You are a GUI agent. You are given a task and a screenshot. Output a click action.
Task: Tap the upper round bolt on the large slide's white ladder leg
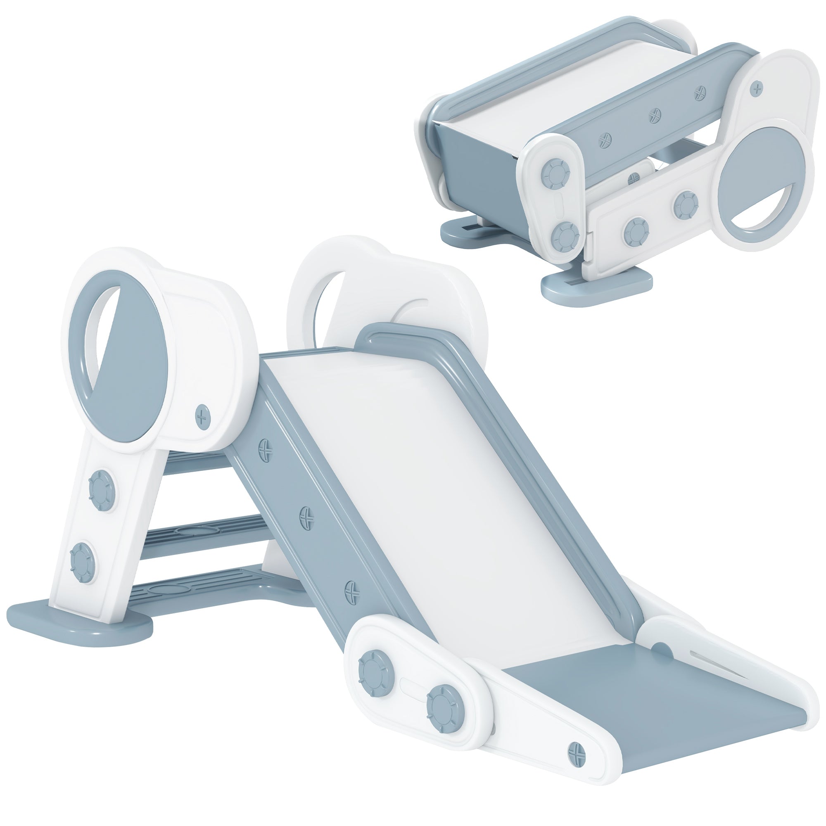pos(102,487)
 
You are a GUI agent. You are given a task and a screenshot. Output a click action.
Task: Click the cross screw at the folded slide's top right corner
pos(757,89)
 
